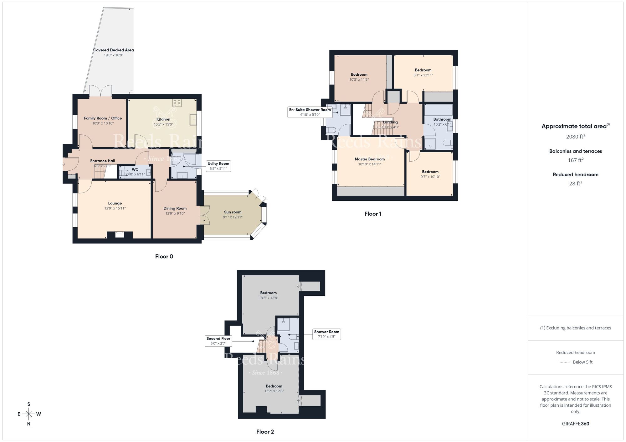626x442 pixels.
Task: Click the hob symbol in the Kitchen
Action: click(x=177, y=103)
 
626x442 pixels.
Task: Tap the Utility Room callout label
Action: click(x=218, y=166)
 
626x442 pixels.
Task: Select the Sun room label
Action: click(x=233, y=212)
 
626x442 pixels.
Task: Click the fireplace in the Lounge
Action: click(x=120, y=234)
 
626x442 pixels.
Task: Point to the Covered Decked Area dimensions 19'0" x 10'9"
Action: click(x=113, y=55)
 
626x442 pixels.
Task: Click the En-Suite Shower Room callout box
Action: click(x=310, y=112)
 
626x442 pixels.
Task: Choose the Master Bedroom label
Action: click(x=370, y=159)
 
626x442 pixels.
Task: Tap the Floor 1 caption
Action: click(x=373, y=214)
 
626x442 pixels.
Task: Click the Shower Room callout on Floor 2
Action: click(x=326, y=334)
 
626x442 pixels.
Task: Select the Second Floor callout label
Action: click(x=218, y=341)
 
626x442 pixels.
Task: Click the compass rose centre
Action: click(x=29, y=414)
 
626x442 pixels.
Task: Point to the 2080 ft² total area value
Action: click(x=575, y=137)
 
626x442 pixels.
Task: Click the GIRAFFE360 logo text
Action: click(x=575, y=424)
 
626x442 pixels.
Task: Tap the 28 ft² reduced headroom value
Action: click(x=575, y=183)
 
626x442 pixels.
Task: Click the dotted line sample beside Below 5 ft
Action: click(x=564, y=362)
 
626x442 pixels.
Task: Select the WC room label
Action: click(x=135, y=169)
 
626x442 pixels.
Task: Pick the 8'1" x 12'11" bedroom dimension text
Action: click(x=423, y=75)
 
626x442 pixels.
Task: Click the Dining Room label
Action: click(x=175, y=208)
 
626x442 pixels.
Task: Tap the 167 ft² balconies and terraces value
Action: click(x=575, y=160)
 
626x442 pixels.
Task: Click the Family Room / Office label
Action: click(x=103, y=118)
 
